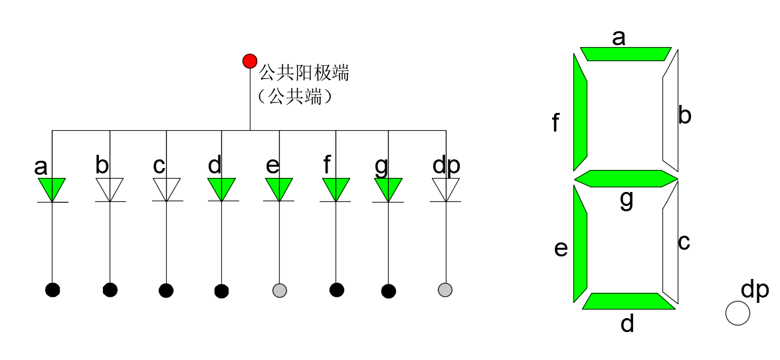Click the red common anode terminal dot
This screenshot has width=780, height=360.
point(250,61)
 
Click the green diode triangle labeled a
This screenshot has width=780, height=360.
point(52,188)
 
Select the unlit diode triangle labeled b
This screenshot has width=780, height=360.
point(110,188)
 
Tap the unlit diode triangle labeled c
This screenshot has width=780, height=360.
point(167,188)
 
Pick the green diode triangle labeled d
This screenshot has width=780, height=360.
point(222,188)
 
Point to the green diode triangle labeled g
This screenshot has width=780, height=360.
point(389,188)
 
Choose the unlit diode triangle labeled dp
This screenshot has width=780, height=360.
point(446,188)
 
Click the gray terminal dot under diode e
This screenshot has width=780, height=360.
point(280,290)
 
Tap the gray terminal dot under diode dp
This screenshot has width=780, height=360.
point(445,290)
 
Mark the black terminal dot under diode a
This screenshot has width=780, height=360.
point(52,290)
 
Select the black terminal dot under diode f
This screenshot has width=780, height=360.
point(337,290)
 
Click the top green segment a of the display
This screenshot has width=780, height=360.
point(625,54)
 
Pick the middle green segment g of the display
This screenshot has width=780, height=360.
point(626,179)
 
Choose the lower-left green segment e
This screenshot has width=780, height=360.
point(580,246)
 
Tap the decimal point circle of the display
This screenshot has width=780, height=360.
point(737,313)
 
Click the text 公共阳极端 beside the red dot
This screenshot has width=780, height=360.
point(304,72)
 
